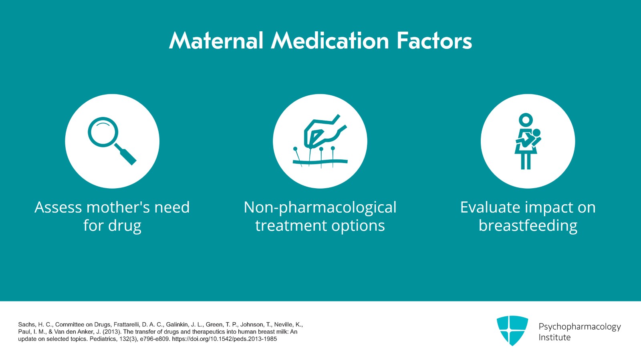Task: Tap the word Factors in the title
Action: click(434, 41)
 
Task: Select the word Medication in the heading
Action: click(330, 41)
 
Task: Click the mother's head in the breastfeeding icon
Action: click(526, 120)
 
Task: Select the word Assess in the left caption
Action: click(58, 207)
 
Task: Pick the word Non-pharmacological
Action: click(320, 207)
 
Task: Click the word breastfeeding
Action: click(528, 226)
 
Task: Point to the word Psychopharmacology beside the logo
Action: click(579, 327)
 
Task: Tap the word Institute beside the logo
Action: click(554, 338)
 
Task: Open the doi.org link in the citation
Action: click(224, 339)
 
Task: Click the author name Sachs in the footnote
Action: click(26, 325)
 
